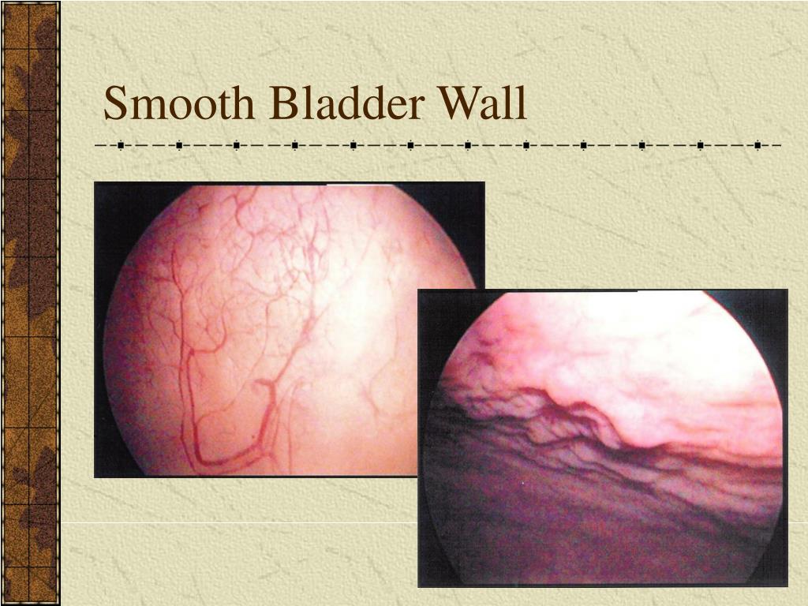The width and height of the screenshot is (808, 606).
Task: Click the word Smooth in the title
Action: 180,104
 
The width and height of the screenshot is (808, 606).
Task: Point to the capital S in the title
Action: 116,104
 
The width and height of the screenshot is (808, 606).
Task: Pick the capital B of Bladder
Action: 281,104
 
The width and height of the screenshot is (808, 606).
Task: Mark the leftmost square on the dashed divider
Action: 121,146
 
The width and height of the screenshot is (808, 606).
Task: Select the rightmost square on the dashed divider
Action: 757,146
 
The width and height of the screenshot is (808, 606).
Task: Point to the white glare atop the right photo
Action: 671,300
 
